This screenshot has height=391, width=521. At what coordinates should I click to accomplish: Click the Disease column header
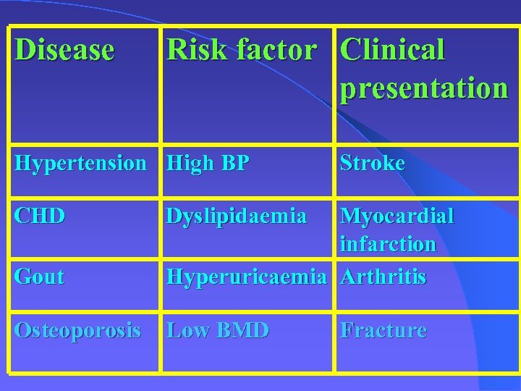coord(64,50)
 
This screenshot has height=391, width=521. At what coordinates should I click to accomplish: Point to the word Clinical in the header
coord(392,50)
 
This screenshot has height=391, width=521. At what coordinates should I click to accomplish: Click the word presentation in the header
coord(424,88)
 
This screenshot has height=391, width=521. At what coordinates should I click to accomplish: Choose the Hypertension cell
coord(80,164)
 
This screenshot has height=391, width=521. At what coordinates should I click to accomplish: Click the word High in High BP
coord(188,164)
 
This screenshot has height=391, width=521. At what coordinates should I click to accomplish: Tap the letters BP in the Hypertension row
coord(232,164)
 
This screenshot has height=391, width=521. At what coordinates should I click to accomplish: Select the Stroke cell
coord(372,164)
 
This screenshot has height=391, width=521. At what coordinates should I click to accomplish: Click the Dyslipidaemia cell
coord(237,216)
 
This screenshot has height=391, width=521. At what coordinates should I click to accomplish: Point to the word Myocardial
coord(397,216)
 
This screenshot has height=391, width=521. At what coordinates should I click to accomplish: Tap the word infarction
coord(388,245)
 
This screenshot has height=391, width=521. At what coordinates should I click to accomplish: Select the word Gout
coord(39,277)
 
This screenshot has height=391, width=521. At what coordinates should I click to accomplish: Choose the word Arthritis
coord(383,277)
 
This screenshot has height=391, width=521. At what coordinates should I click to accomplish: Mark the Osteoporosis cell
coord(77,330)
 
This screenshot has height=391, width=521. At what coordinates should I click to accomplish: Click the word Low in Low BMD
coord(187,330)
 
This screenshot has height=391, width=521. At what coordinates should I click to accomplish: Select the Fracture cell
coord(384,330)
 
